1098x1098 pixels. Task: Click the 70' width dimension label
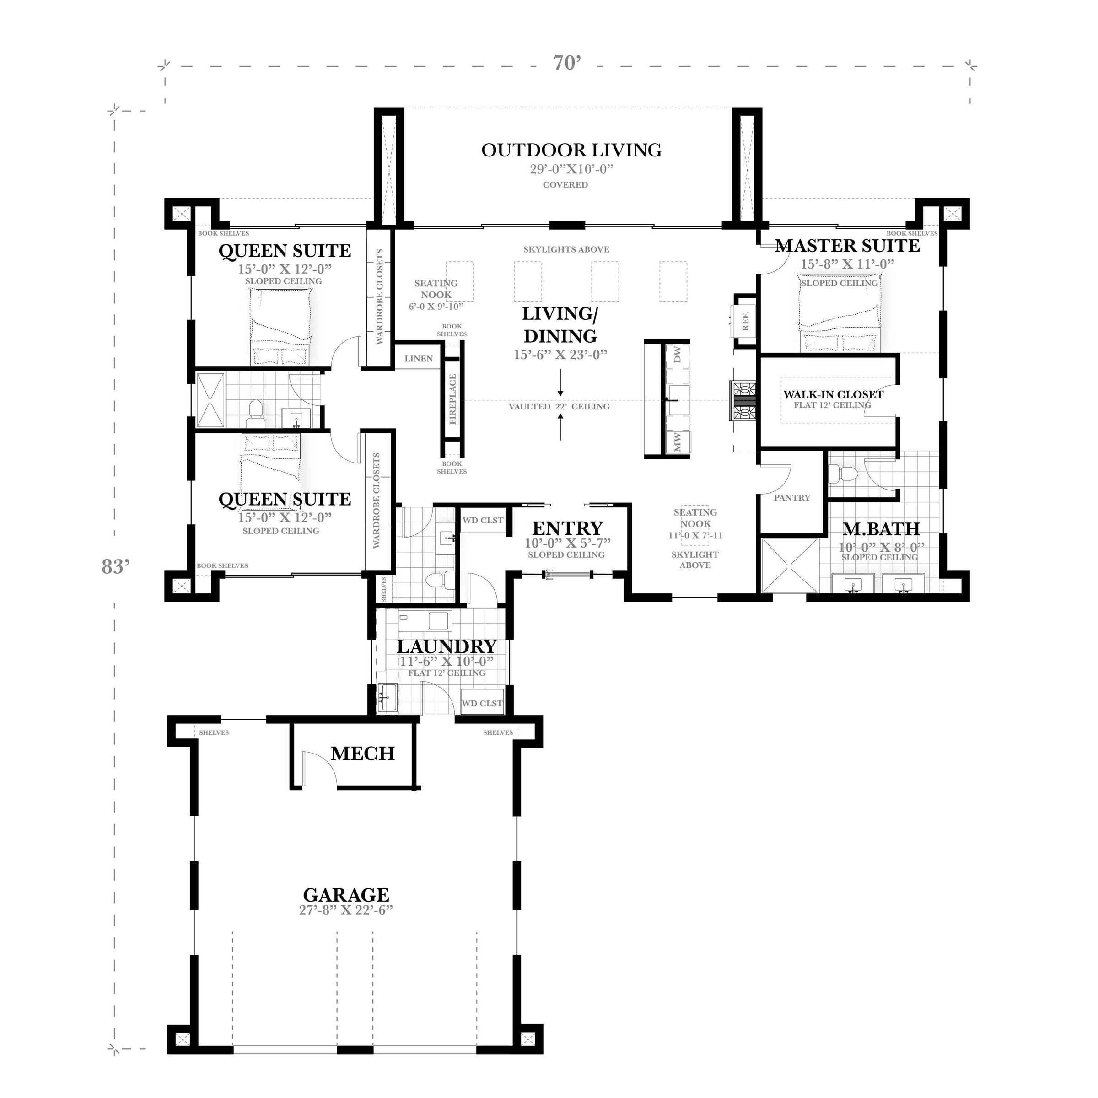pos(567,63)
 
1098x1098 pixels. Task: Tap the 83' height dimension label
pos(116,567)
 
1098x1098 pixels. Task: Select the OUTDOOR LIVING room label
pos(571,150)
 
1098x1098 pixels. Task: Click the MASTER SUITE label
pos(847,246)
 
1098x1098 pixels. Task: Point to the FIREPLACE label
pos(453,399)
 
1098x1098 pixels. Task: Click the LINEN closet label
pos(418,359)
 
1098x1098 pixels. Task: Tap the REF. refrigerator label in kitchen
pos(746,321)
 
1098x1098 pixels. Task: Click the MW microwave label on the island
pos(677,442)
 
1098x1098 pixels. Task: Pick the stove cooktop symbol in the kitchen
pos(744,401)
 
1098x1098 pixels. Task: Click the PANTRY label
pos(791,498)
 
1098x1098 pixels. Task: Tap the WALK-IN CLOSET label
pos(833,394)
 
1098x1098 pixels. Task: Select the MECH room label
pos(363,754)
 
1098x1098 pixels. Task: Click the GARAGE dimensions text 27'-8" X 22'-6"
pos(346,910)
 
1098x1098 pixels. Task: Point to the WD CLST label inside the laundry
pos(482,704)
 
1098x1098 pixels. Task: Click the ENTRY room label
pos(567,528)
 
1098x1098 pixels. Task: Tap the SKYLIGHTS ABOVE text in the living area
pos(566,249)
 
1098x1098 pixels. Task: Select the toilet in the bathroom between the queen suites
pos(255,413)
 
